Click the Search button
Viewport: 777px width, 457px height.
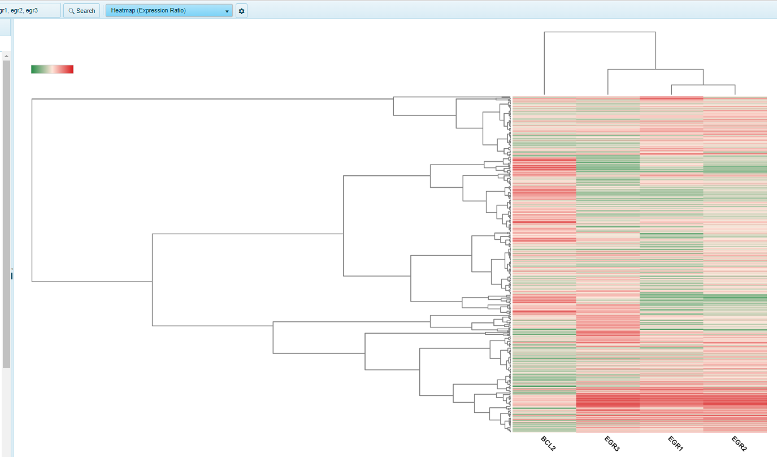pyautogui.click(x=81, y=11)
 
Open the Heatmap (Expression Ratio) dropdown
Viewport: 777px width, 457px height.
pyautogui.click(x=169, y=11)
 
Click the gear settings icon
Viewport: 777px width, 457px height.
pyautogui.click(x=241, y=11)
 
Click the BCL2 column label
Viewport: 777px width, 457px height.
pyautogui.click(x=548, y=443)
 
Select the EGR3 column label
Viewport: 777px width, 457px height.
pyautogui.click(x=612, y=443)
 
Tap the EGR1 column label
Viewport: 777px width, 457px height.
pyautogui.click(x=676, y=443)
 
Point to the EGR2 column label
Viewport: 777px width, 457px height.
pyautogui.click(x=739, y=443)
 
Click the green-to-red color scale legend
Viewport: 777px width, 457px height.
pyautogui.click(x=52, y=69)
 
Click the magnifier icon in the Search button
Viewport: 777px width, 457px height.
pyautogui.click(x=71, y=11)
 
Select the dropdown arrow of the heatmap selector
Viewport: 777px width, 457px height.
pyautogui.click(x=227, y=11)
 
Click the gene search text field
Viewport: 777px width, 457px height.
pyautogui.click(x=28, y=10)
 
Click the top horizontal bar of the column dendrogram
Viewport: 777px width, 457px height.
pyautogui.click(x=600, y=32)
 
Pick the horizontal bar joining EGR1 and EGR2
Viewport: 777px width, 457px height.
pyautogui.click(x=703, y=85)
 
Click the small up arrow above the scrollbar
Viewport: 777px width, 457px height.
pyautogui.click(x=6, y=56)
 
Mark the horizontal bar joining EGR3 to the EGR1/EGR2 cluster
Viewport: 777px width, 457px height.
pyautogui.click(x=656, y=69)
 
